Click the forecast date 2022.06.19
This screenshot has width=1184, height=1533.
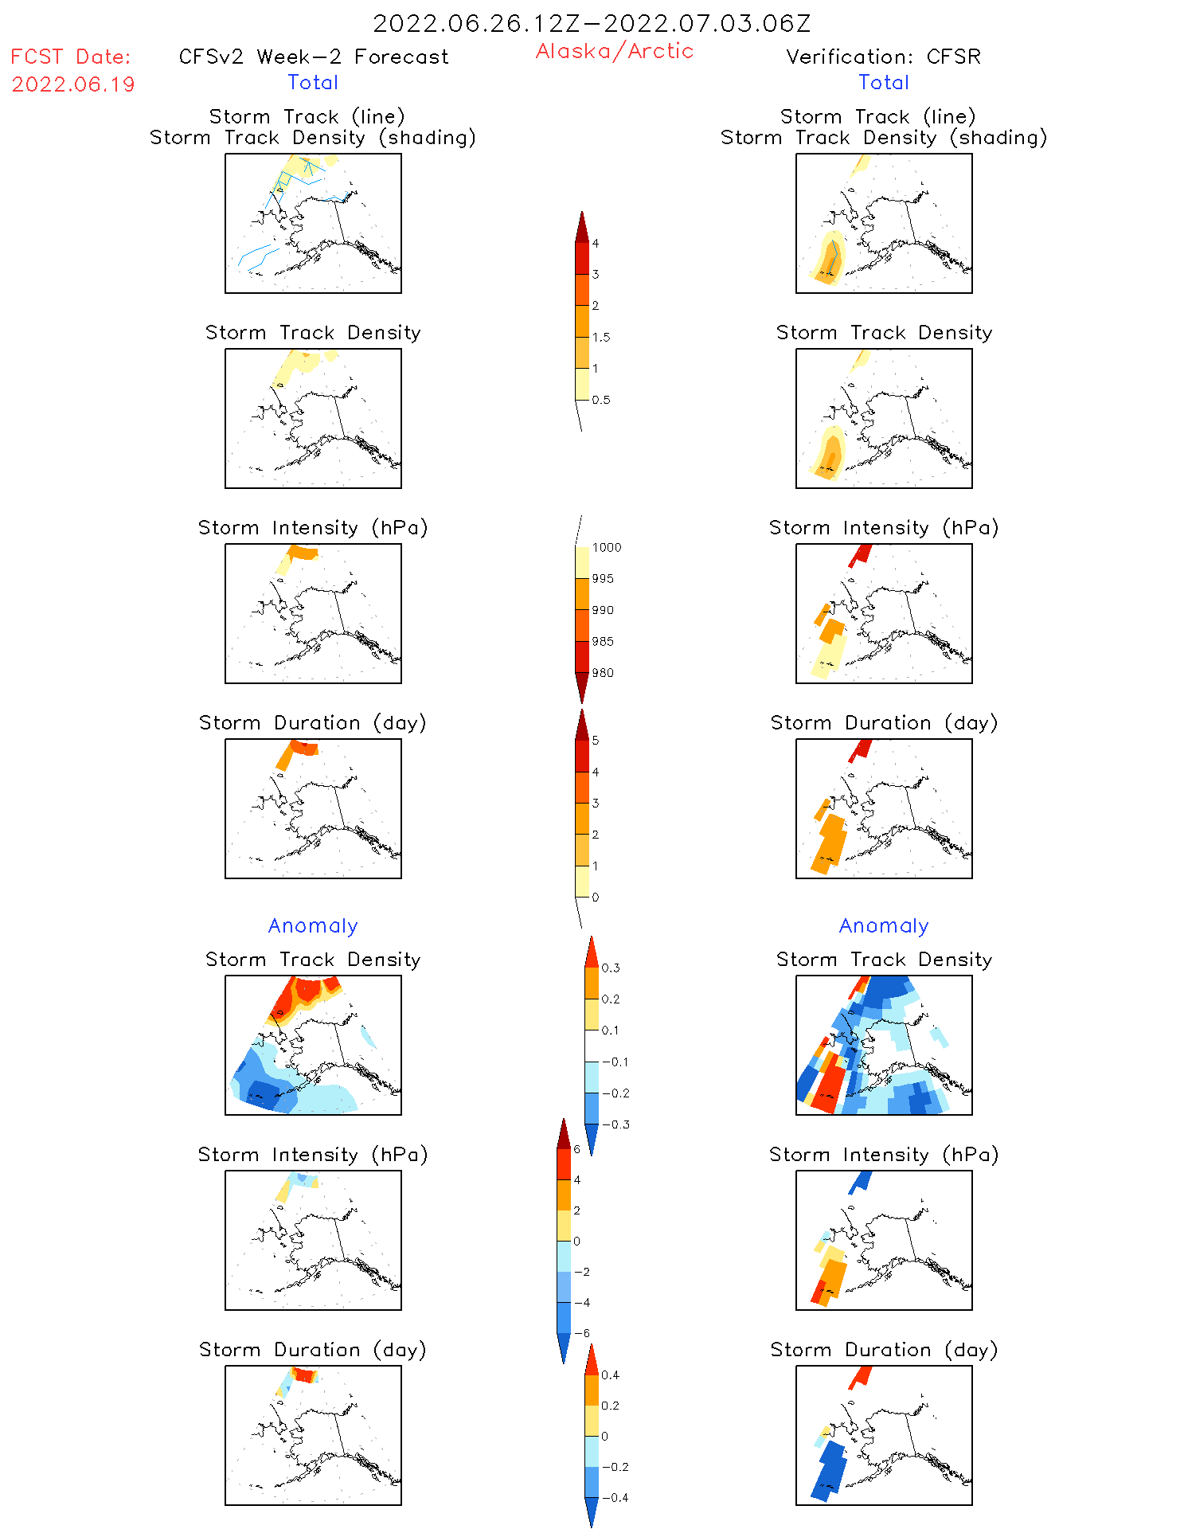pos(73,84)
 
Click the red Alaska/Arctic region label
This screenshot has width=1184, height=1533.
pos(614,51)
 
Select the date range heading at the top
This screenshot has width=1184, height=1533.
pos(592,23)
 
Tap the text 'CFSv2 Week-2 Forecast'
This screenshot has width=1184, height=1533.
pos(313,57)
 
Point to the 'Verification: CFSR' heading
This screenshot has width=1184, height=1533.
pos(883,57)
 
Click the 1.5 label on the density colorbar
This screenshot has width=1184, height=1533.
pos(601,337)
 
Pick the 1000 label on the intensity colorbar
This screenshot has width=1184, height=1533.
pos(606,547)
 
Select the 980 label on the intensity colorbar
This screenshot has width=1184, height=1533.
pos(603,673)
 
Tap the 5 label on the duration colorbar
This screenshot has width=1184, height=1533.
pos(596,741)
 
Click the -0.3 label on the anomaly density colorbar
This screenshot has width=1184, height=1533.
pos(615,1124)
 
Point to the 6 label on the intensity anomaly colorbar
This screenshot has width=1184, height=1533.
pos(577,1149)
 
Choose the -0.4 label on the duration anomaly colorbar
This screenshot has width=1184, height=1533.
pos(614,1497)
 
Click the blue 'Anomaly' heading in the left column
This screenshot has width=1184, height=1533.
pos(313,925)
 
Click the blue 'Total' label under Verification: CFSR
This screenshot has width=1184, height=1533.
pos(883,82)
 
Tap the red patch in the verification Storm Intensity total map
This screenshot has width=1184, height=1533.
pos(860,554)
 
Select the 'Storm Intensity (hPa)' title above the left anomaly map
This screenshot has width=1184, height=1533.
pos(313,1155)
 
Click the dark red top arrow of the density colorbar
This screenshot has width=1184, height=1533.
pos(582,227)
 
